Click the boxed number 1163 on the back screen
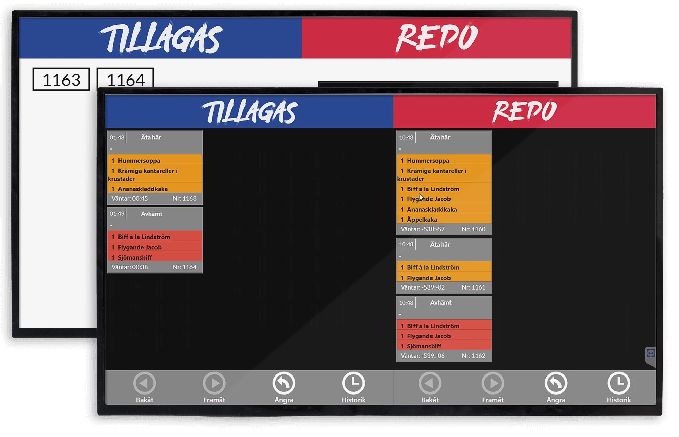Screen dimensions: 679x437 tap(61, 80)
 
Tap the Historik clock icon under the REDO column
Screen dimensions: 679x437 tap(619, 383)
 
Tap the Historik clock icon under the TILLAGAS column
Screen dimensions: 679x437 tap(353, 383)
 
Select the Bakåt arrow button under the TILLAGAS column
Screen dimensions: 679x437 tap(145, 383)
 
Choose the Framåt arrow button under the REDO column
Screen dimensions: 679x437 tap(493, 383)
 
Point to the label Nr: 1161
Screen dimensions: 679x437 tap(474, 287)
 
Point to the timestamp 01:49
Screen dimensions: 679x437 tap(117, 214)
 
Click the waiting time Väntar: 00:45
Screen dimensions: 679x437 tap(130, 199)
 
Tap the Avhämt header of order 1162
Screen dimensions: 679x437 tap(441, 303)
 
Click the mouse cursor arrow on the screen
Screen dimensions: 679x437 tap(421, 197)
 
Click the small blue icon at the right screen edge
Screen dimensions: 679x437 tap(650, 353)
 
